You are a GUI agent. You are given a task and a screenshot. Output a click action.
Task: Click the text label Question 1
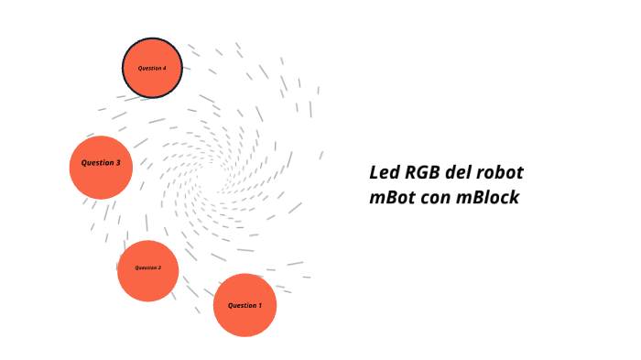coord(244,305)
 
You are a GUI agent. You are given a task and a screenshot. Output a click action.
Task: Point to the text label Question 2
coord(147,267)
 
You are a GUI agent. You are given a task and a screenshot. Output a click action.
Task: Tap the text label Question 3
coord(101,163)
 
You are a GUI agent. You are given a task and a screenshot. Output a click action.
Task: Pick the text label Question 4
coord(152,69)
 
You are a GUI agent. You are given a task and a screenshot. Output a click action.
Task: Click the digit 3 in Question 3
coord(117,163)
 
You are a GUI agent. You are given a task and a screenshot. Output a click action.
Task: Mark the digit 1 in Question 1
coord(259,305)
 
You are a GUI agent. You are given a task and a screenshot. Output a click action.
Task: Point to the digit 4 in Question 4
coord(164,69)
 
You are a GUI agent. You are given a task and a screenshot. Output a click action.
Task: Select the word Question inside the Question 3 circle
coord(96,163)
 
